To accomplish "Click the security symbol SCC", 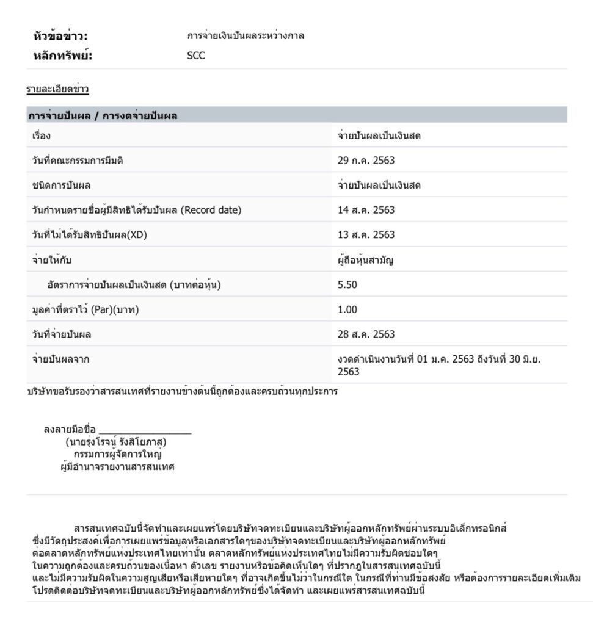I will [x=196, y=56].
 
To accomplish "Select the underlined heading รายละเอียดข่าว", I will [x=57, y=90].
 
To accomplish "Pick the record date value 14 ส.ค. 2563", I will [x=366, y=210].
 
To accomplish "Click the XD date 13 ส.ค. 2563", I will [x=366, y=235].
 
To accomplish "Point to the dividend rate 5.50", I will [x=347, y=284].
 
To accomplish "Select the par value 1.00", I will [x=347, y=309].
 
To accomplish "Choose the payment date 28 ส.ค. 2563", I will [x=366, y=334].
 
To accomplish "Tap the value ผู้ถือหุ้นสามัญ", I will [x=366, y=260].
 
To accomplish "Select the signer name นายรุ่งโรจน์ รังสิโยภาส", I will [x=116, y=443].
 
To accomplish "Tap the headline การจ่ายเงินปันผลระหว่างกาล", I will [x=246, y=36].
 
